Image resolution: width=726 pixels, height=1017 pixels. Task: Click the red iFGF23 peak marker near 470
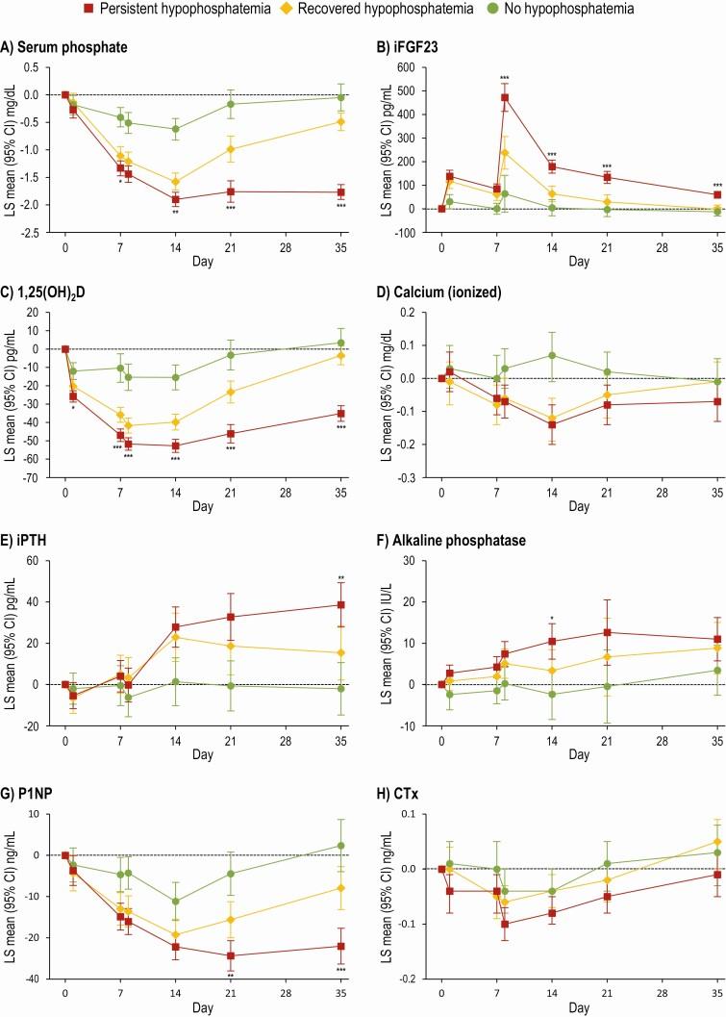point(505,97)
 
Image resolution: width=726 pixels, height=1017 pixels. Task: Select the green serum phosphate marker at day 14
point(175,129)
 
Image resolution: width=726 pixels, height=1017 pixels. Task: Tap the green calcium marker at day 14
point(552,355)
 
